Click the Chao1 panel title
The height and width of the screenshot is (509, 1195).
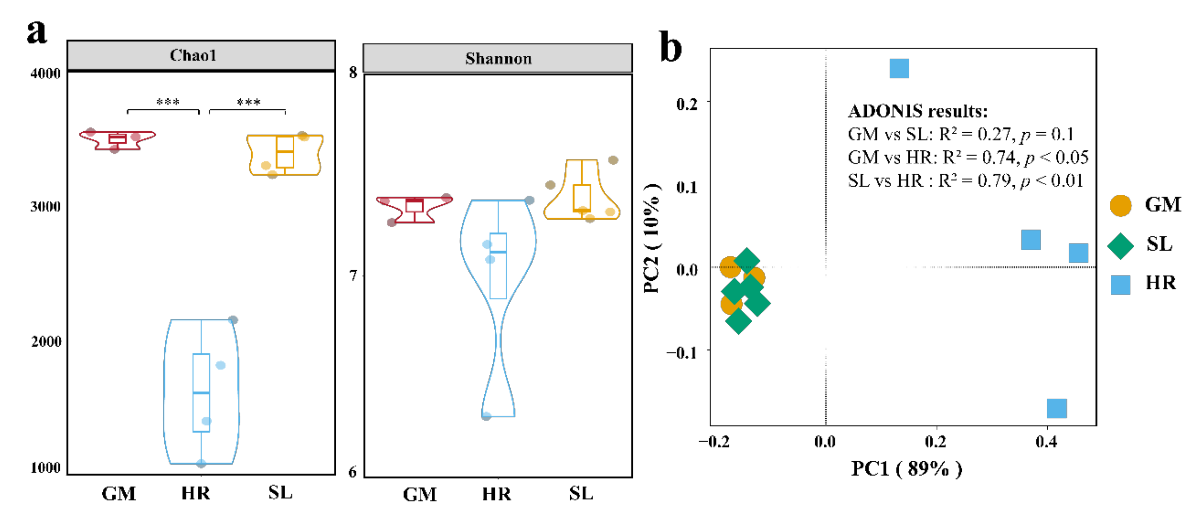click(193, 56)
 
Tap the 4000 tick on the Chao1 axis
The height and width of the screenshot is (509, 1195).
click(45, 73)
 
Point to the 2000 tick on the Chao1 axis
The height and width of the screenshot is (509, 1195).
click(46, 341)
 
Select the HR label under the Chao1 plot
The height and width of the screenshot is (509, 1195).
click(195, 493)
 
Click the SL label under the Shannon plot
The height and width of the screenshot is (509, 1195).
click(581, 493)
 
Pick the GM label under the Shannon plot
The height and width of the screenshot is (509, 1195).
click(419, 494)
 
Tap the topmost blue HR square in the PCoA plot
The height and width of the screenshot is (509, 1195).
click(899, 69)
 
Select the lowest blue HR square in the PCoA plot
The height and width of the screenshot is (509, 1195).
click(1056, 408)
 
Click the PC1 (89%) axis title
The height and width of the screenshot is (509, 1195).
click(906, 469)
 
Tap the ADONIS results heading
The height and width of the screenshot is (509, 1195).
click(918, 111)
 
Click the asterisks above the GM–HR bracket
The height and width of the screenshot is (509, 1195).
click(168, 102)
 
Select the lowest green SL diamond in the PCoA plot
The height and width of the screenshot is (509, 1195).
click(738, 321)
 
